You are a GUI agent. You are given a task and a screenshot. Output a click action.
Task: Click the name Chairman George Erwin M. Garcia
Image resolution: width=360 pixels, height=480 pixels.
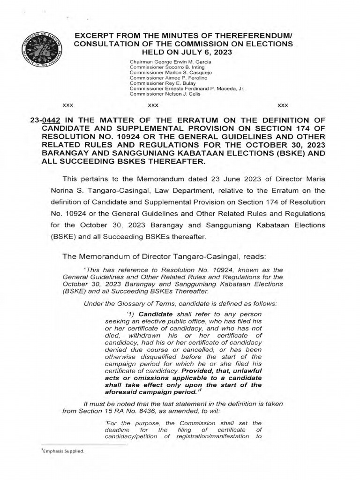[171, 62]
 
